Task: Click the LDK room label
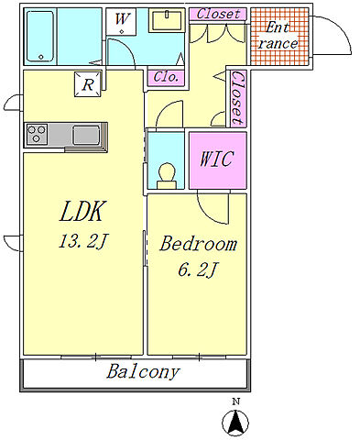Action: pyautogui.click(x=82, y=211)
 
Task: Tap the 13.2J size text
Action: pyautogui.click(x=82, y=241)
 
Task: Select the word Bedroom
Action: pyautogui.click(x=198, y=244)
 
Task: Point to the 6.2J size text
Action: pyautogui.click(x=198, y=269)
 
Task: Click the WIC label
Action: pyautogui.click(x=217, y=159)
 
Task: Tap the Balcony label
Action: pyautogui.click(x=143, y=372)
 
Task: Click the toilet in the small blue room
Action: pyautogui.click(x=167, y=176)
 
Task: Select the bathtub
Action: pyautogui.click(x=40, y=37)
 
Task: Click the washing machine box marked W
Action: pyautogui.click(x=121, y=21)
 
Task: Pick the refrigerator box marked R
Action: pyautogui.click(x=88, y=84)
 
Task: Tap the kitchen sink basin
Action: pyautogui.click(x=86, y=135)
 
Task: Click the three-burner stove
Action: pyautogui.click(x=37, y=134)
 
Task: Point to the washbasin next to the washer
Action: pyautogui.click(x=167, y=20)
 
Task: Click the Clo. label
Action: pyautogui.click(x=166, y=77)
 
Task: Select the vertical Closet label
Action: pyautogui.click(x=238, y=99)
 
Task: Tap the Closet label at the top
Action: pyautogui.click(x=218, y=14)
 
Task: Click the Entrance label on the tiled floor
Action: pyautogui.click(x=278, y=36)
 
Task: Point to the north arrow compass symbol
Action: pyautogui.click(x=235, y=423)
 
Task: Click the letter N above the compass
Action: pyautogui.click(x=235, y=401)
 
